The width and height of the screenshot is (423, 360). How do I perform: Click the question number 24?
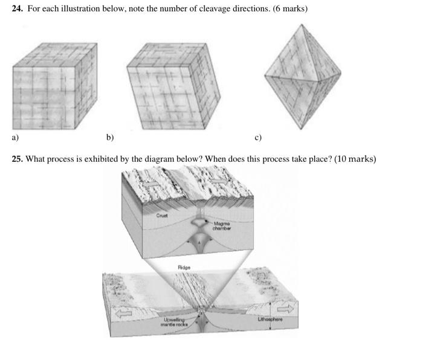click(x=18, y=10)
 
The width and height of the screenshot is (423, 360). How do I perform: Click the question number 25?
click(x=18, y=159)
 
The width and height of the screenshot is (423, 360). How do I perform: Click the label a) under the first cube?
click(x=15, y=138)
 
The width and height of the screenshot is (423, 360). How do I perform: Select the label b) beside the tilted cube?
click(x=110, y=138)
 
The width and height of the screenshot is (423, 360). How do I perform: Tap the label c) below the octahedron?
click(x=258, y=138)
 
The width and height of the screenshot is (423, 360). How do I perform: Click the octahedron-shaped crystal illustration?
click(x=302, y=77)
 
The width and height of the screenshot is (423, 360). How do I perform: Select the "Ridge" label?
click(x=184, y=266)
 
